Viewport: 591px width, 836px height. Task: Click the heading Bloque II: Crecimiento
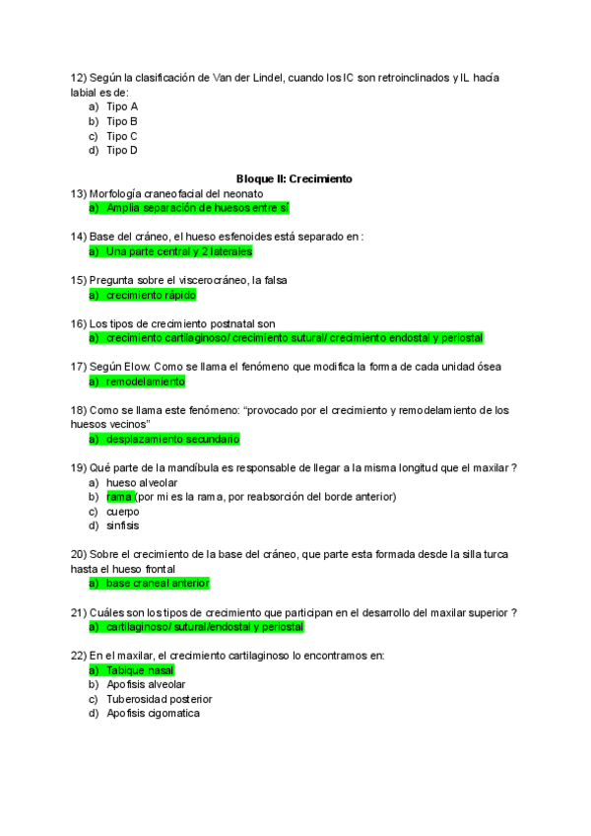[295, 179]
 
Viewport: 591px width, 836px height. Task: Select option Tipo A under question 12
[122, 105]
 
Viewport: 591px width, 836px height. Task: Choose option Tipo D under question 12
[122, 151]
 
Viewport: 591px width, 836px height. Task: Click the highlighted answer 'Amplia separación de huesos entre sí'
[197, 208]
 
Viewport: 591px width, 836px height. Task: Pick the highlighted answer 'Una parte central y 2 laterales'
[178, 251]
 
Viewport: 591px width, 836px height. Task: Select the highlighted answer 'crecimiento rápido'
[151, 295]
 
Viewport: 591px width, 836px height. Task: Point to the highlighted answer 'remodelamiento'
[145, 381]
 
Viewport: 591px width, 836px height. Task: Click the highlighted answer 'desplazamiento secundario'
[172, 439]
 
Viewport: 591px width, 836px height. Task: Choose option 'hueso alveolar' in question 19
[142, 482]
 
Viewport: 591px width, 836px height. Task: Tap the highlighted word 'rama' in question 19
[119, 497]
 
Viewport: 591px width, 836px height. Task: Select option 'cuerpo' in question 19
[123, 512]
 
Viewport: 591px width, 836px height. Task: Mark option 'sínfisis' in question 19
[123, 525]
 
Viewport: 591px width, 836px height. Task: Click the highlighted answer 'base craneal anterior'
[158, 584]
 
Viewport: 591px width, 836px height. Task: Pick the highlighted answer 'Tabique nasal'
[140, 670]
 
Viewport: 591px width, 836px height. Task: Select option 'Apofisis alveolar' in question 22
[146, 684]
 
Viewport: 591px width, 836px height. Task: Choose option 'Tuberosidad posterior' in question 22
[160, 699]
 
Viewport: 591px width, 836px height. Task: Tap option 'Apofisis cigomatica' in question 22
[153, 713]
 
